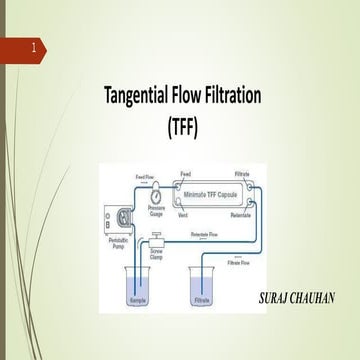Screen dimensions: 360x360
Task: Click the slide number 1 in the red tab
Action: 35,48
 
